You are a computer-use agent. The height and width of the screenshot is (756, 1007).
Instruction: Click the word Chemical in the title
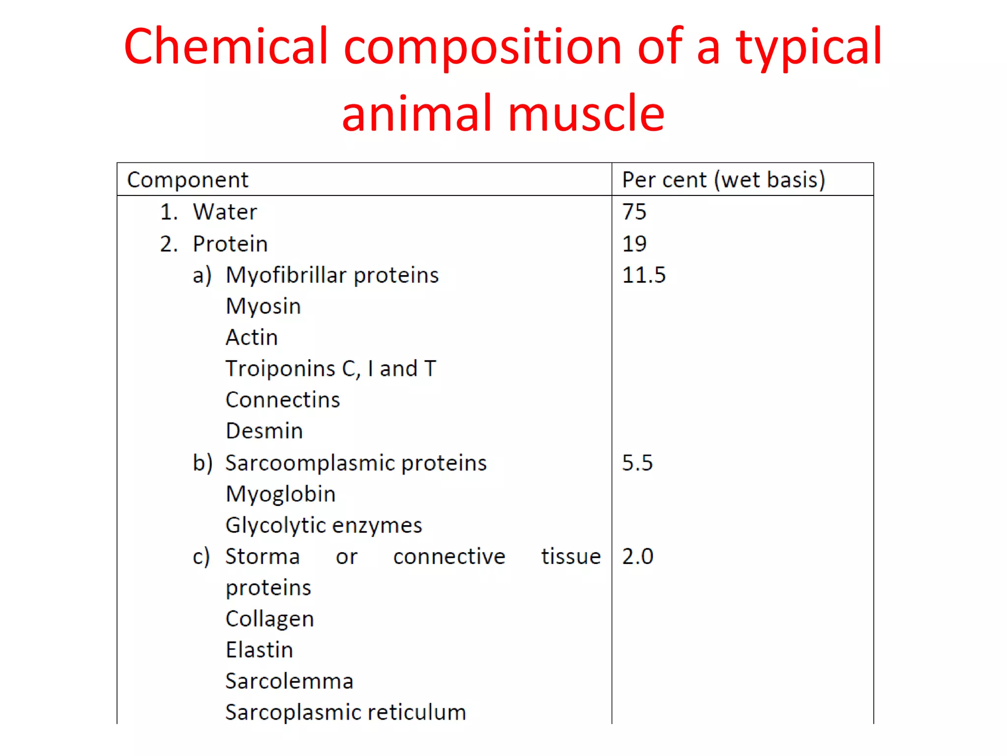(226, 46)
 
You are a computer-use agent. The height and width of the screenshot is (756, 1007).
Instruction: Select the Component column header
(188, 180)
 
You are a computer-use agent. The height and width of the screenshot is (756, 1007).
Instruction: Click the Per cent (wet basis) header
(723, 180)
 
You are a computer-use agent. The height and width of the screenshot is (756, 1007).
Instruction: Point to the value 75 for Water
(634, 212)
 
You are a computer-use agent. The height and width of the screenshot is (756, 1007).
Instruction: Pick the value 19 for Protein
(634, 244)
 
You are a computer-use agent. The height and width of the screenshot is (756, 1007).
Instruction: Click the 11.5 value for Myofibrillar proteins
(644, 275)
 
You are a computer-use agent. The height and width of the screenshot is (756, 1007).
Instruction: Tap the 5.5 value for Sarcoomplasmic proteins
(637, 463)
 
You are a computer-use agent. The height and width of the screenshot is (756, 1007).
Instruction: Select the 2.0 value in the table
(638, 557)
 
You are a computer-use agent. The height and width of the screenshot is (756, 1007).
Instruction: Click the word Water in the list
(225, 212)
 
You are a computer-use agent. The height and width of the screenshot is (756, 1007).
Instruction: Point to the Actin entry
(252, 338)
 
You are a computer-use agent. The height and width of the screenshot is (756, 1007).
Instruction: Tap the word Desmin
(264, 431)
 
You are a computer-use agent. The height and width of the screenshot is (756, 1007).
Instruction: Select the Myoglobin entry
(280, 494)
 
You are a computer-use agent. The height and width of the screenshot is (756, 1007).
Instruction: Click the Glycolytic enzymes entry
(324, 526)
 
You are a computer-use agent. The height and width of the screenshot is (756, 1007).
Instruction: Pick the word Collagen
(269, 619)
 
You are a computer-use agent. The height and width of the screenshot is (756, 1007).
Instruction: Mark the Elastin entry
(259, 650)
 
